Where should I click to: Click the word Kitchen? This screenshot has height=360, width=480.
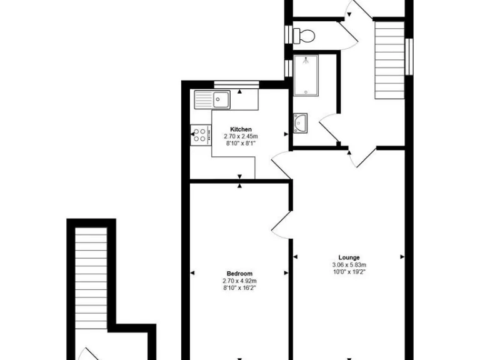(x=240, y=129)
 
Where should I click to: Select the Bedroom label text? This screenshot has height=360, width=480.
(x=240, y=274)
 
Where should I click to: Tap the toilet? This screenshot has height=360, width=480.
(x=304, y=36)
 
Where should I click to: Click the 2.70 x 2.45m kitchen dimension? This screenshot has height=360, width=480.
(x=240, y=136)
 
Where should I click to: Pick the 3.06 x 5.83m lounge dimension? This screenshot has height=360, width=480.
(x=349, y=264)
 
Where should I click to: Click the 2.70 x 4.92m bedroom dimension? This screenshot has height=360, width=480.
(x=240, y=281)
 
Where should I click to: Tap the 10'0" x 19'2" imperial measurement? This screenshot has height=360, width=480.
(x=349, y=271)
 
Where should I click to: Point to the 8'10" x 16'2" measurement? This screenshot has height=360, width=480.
(x=240, y=287)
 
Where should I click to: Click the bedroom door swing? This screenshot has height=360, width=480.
(x=281, y=223)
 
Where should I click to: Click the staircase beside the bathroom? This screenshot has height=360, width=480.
(x=390, y=59)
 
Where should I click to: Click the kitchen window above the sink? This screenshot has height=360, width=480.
(x=236, y=84)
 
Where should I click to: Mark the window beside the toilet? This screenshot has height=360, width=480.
(x=287, y=34)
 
